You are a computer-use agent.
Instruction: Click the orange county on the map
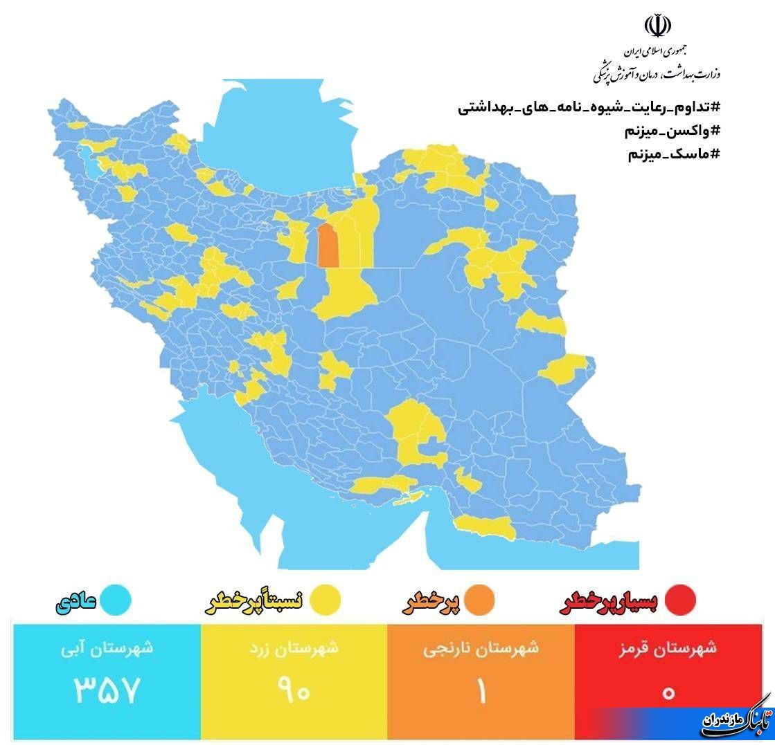328,245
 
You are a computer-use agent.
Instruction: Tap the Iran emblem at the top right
657,26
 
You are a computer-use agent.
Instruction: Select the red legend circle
679,600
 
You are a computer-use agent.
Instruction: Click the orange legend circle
479,600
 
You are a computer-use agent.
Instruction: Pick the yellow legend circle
324,600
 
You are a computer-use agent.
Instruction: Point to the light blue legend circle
115,600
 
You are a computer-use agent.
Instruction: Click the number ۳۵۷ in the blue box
107,690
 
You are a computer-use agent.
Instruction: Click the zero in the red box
668,691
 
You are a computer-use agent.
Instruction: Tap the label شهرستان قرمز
668,649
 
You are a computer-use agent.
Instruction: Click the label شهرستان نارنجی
481,649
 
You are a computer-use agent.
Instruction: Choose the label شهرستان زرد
294,649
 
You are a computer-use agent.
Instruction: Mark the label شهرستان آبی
107,649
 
